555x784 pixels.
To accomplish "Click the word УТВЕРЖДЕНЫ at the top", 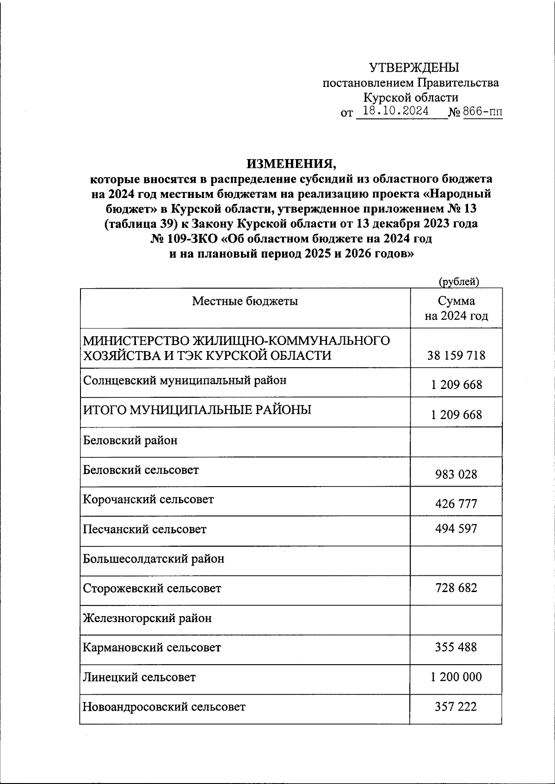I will pos(414,68).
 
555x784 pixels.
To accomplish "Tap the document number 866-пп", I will pos(482,111).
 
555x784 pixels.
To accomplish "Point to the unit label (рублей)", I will pos(459,281).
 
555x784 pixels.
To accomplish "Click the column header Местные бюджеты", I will pos(245,301).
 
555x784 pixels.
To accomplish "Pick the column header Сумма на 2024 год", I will pos(456,309).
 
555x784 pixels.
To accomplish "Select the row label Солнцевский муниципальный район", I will pos(185,380).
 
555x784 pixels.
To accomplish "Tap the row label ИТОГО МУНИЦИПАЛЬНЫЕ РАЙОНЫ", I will pos(197,410).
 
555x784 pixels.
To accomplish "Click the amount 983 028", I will pos(456,474).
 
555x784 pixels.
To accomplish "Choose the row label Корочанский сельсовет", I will pos(148,500).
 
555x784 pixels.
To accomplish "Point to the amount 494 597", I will pos(456,529).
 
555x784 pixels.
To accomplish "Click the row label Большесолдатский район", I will pos(154,559).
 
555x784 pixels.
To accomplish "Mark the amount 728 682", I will pos(456,588).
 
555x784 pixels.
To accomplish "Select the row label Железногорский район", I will pos(147,618).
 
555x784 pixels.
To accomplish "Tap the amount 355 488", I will pos(456,647).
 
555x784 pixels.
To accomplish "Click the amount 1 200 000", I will pos(456,677).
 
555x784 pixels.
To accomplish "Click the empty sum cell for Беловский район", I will pos(456,442).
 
